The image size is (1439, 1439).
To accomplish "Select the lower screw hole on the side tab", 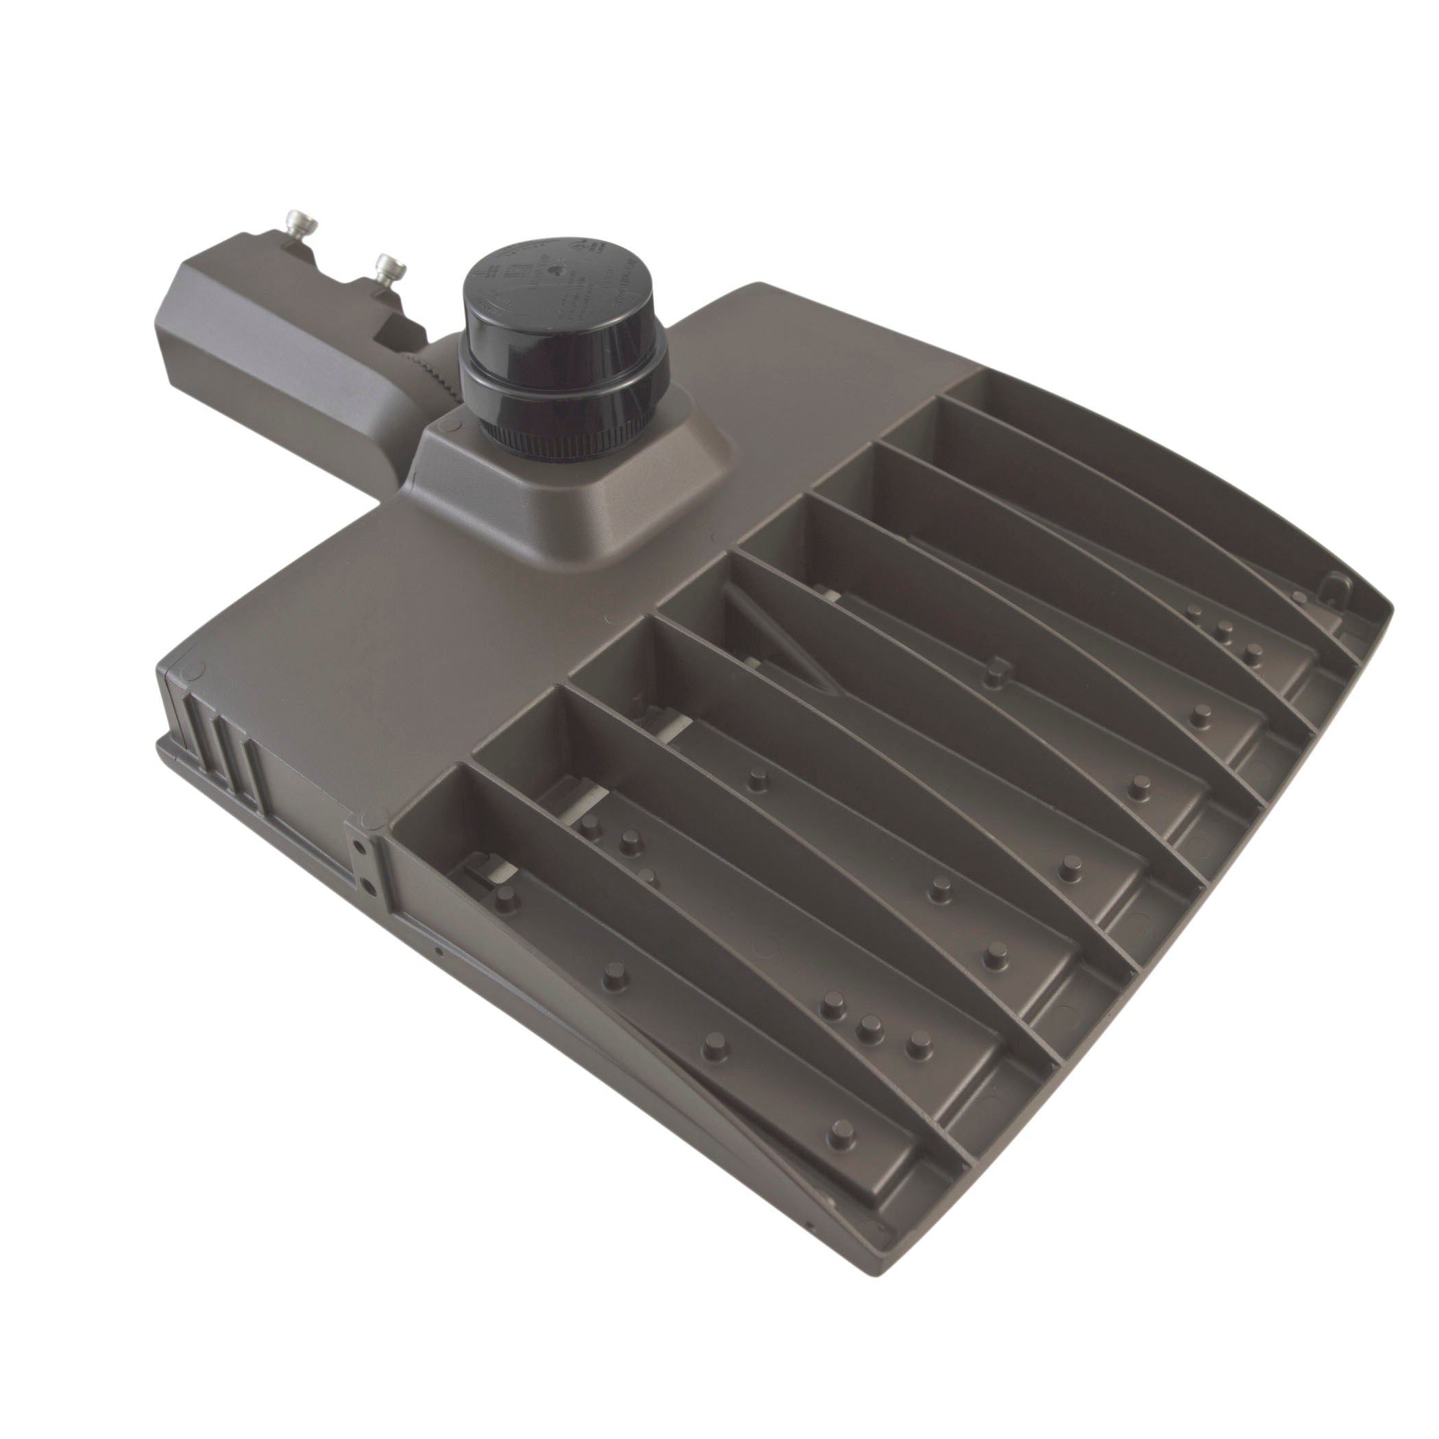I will tap(367, 884).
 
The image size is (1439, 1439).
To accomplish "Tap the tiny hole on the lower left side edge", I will tap(439, 951).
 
